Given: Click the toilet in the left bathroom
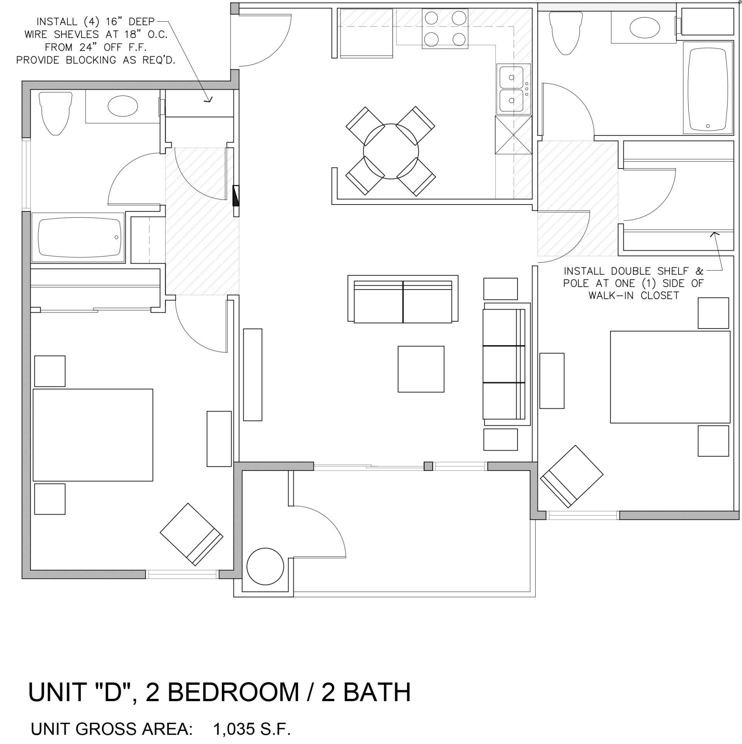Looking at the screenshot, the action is pyautogui.click(x=56, y=113).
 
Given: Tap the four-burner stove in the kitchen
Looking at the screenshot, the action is pyautogui.click(x=445, y=28).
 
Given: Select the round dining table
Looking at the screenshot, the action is pyautogui.click(x=391, y=152).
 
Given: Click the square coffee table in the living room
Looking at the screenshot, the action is pyautogui.click(x=421, y=369).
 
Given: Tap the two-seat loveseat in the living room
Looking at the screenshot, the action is pyautogui.click(x=403, y=299).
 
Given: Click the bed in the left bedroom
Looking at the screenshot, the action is pyautogui.click(x=93, y=435).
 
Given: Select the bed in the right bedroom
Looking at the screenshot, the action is pyautogui.click(x=670, y=377).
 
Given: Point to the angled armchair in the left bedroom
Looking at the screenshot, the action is pyautogui.click(x=192, y=535).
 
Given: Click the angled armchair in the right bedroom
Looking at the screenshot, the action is pyautogui.click(x=572, y=477).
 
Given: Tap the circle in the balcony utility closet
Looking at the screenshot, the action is pyautogui.click(x=265, y=567).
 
